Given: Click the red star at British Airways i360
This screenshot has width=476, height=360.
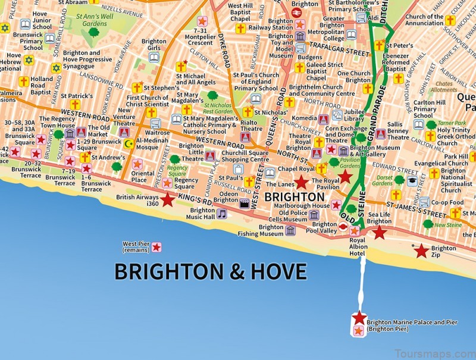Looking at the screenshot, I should coord(168,200).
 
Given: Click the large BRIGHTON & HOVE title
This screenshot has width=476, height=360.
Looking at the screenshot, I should coord(210,271).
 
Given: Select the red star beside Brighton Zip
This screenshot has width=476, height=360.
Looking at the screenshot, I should coord(421,251).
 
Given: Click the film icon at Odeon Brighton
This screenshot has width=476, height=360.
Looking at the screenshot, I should coord(243,203).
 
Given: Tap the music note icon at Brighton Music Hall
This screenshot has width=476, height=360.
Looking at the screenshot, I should coord(221,214).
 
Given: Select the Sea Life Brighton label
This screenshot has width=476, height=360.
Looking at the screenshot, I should coord(380,218).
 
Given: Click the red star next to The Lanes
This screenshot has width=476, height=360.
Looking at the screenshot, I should coord(302,182).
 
